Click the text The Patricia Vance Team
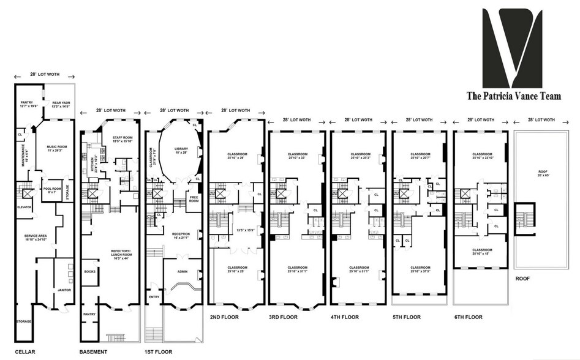pos(513,96)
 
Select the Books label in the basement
pos(89,271)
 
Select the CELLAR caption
pos(24,351)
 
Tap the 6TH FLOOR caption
pos(469,317)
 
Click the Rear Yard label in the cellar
pos(61,105)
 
